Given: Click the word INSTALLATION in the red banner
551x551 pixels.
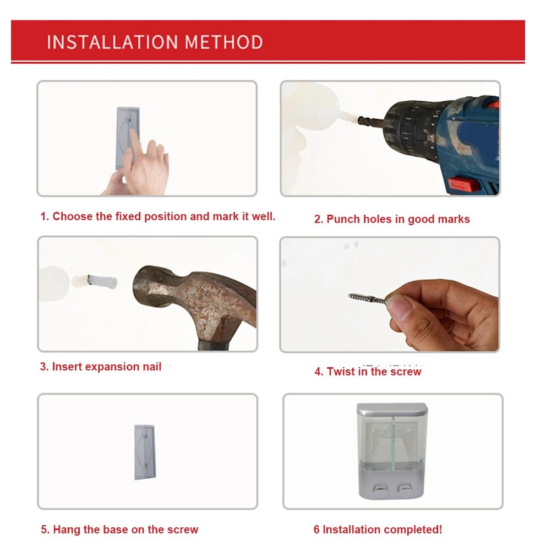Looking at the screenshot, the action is click(112, 42).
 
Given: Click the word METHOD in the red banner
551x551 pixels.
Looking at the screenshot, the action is click(224, 42).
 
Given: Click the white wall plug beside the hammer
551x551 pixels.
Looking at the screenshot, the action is click(102, 282).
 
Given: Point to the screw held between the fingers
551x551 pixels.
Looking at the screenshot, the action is click(368, 299).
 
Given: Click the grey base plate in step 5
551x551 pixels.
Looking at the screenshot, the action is click(145, 452).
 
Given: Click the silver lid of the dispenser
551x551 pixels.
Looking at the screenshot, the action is click(392, 408).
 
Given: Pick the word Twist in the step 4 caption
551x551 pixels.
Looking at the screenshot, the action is click(341, 372).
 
